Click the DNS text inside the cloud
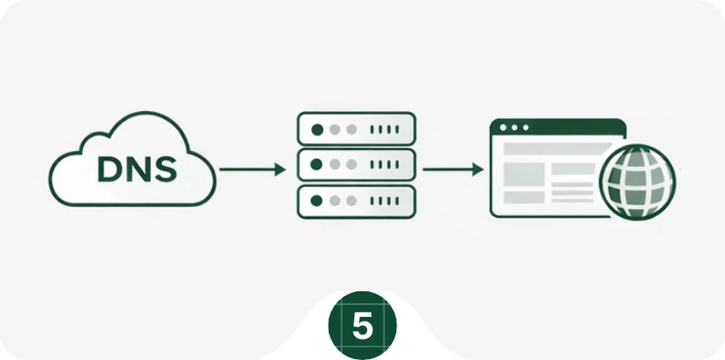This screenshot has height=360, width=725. point(137,169)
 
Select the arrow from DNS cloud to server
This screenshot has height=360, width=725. point(253,169)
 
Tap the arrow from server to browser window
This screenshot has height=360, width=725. point(453,169)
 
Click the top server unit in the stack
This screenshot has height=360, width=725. point(356,128)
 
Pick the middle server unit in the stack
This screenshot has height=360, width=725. point(356,165)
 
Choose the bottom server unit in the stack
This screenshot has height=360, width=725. point(356,202)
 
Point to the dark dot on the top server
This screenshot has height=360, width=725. point(317,129)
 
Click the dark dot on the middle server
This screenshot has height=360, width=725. point(317,164)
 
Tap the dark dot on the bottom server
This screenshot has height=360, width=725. point(317,201)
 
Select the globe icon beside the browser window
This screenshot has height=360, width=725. point(638,182)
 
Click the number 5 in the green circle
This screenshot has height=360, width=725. point(362,326)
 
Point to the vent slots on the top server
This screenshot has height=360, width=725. point(384,129)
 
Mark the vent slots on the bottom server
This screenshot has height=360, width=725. point(384,201)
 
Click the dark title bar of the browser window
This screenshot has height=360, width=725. point(558,127)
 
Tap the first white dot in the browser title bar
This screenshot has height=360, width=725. point(503,127)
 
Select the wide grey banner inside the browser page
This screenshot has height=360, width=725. point(557,148)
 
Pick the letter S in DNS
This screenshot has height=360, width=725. point(166,169)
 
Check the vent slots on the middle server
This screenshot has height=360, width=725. point(384,164)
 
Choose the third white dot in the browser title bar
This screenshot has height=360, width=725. point(525,127)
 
